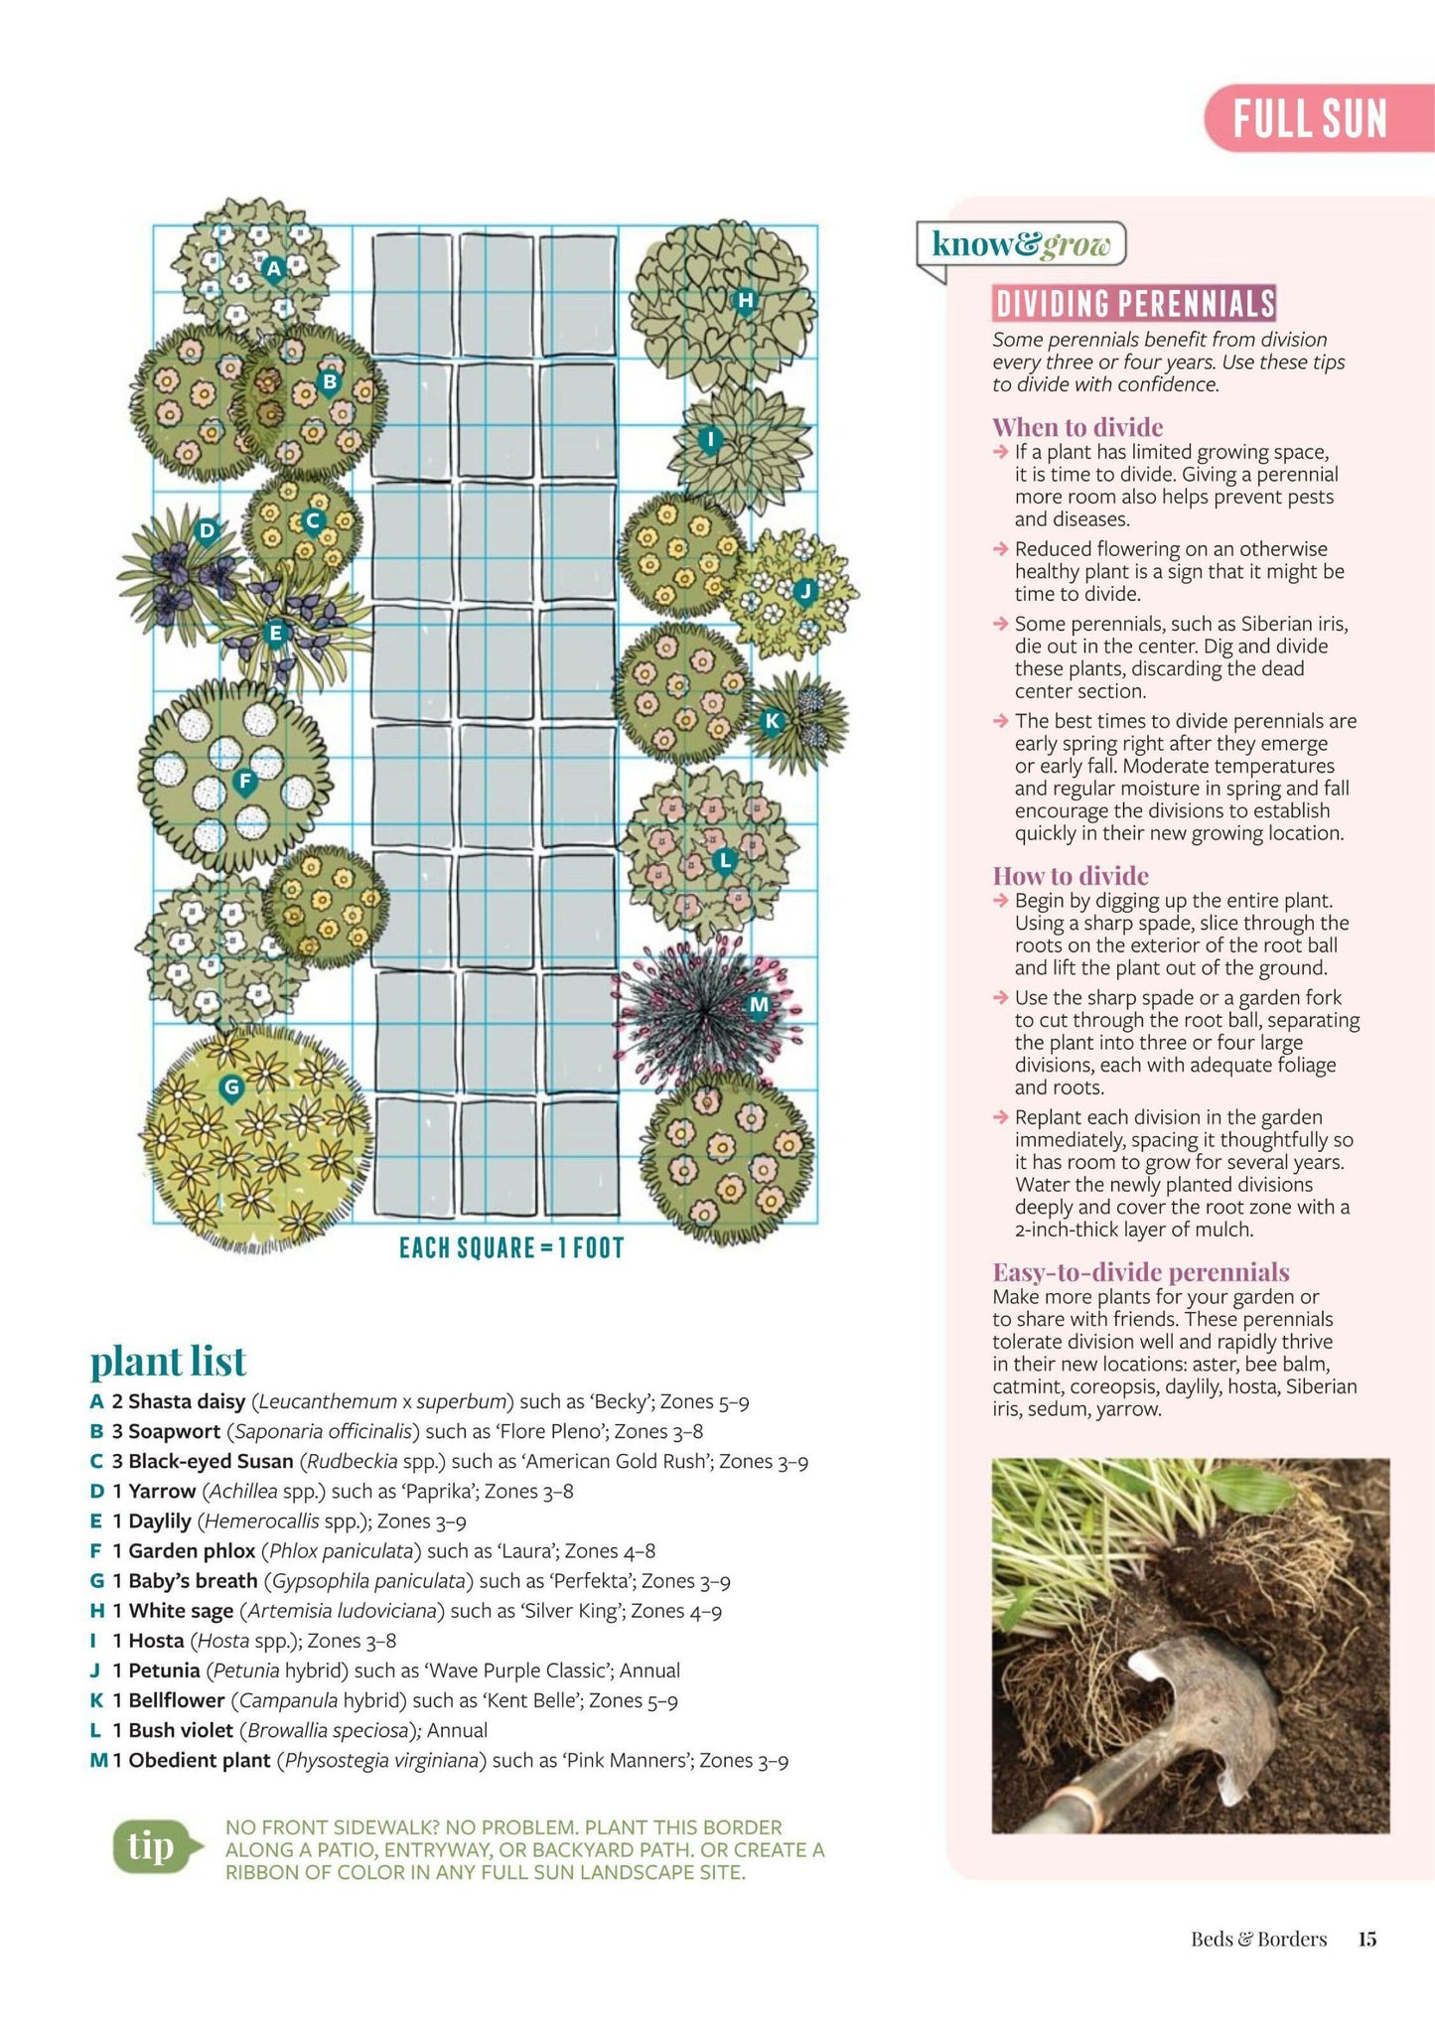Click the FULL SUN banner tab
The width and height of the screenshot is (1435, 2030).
(x=1311, y=118)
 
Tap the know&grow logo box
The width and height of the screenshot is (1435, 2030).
(x=1021, y=244)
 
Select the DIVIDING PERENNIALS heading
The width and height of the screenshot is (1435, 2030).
(x=1134, y=303)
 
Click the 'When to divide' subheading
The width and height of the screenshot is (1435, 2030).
(x=1077, y=427)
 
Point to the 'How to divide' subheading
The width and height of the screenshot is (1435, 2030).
(x=1071, y=876)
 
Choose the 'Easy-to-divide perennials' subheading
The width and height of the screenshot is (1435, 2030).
(x=1141, y=1272)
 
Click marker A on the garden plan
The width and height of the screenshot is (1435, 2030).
(x=274, y=267)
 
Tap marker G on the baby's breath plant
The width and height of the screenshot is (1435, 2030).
(x=231, y=1087)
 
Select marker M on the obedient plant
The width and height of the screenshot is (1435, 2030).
(x=759, y=1005)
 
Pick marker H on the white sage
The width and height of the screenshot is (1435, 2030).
(x=745, y=300)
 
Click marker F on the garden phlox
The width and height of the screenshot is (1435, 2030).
(x=244, y=782)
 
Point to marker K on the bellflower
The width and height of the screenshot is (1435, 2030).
(x=772, y=721)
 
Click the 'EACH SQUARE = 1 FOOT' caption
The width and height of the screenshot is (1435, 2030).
(x=511, y=1247)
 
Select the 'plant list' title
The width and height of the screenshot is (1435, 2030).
(x=168, y=1361)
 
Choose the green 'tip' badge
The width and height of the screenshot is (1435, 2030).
(x=152, y=1847)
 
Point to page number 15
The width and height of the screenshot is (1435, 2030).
(x=1367, y=1939)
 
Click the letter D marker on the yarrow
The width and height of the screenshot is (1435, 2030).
(x=207, y=530)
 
